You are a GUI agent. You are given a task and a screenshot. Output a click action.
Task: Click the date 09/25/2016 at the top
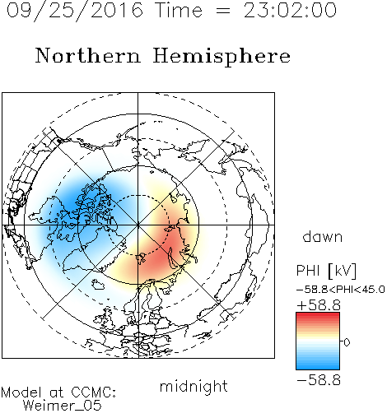[75, 10]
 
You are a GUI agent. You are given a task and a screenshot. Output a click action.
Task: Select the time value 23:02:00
[290, 10]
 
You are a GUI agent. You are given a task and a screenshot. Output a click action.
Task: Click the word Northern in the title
[88, 55]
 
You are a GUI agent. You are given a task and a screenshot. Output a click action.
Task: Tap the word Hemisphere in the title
[221, 56]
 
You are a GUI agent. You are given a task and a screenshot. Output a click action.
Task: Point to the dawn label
[323, 237]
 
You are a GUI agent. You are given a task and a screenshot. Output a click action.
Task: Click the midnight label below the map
[193, 387]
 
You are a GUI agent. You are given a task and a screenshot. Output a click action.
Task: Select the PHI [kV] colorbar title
[326, 271]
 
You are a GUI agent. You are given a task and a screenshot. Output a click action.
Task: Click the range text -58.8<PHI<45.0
[341, 290]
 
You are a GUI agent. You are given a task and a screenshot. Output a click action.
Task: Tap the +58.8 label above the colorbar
[319, 305]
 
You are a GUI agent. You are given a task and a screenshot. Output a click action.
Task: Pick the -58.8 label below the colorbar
[319, 380]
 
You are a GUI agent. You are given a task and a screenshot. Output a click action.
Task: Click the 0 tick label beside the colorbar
[347, 342]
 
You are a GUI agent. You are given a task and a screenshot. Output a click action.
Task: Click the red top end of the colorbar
[318, 315]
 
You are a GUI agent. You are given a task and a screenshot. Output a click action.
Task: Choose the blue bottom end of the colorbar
[318, 367]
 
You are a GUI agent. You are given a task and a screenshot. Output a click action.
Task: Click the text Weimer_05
[63, 406]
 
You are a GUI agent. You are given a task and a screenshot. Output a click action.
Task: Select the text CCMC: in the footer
[94, 392]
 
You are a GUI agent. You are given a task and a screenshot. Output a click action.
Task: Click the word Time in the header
[179, 11]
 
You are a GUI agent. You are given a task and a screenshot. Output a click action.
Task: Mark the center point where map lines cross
[138, 225]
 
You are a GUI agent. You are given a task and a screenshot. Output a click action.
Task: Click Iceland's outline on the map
[98, 285]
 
